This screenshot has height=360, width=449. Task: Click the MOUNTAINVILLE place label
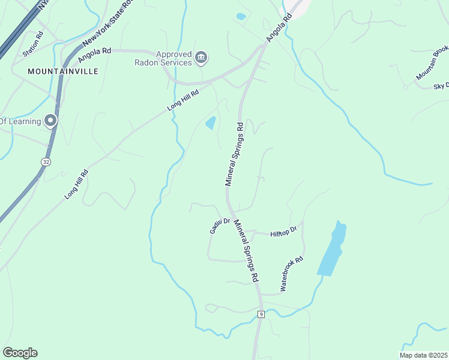coord(63,71)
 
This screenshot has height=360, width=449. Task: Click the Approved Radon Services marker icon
coord(201,58)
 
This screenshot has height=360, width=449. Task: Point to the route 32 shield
coord(46,162)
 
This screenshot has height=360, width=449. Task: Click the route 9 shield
coord(261,314)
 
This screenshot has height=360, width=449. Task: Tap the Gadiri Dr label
coord(220,226)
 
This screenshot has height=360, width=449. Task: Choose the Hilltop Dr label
coord(283,232)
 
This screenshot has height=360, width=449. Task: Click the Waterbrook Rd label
coord(292,274)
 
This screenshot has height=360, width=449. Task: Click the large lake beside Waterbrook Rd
coord(333,249)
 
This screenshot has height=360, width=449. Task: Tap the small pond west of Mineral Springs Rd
coord(211,123)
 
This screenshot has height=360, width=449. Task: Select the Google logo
coord(20,353)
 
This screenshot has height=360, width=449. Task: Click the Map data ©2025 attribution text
coord(423,355)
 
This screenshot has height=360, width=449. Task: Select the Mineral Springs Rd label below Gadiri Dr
coord(247,250)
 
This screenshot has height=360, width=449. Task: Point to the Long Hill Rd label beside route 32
coord(77,184)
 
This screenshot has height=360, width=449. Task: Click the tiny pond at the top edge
coord(241,17)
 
